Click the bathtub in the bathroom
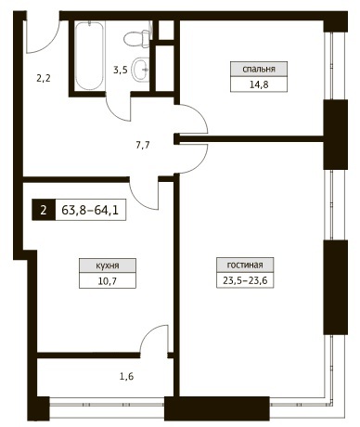point(89,56)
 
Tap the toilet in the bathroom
point(137,38)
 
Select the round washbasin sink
point(140,69)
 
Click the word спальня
point(259,69)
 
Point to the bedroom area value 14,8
point(259,84)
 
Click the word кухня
point(108,265)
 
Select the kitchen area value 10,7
point(108,281)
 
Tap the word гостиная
point(245,265)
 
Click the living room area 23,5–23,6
point(245,280)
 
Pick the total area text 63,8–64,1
point(90,210)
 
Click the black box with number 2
point(44,210)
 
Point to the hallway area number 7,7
point(143,145)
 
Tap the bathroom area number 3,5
point(121,70)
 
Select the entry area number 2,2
point(44,78)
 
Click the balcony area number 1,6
point(127,376)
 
